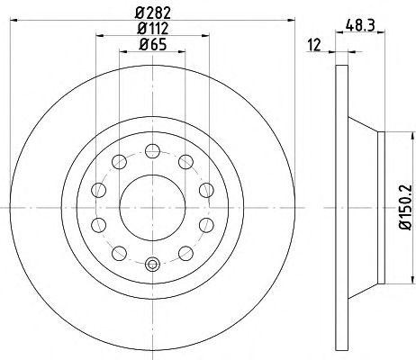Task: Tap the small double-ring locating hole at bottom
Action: [x=152, y=264]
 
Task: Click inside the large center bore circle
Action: [x=152, y=206]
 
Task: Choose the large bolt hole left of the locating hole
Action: [x=118, y=252]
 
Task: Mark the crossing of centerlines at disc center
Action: [x=152, y=206]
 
